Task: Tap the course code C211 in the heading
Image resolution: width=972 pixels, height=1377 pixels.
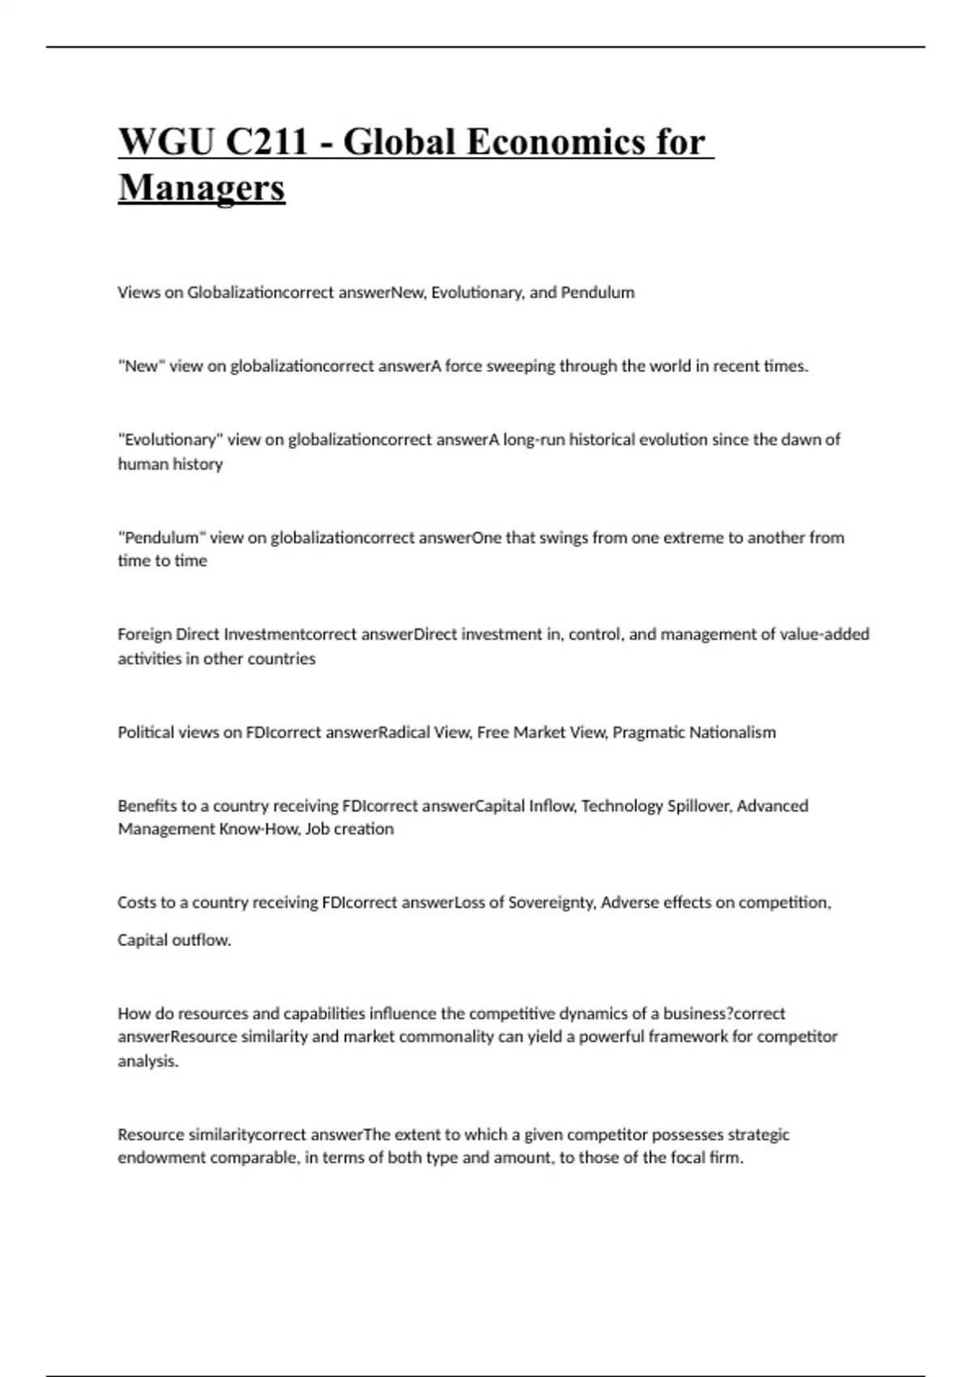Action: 267,143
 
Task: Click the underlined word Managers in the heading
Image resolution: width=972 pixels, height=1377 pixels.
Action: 202,188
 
